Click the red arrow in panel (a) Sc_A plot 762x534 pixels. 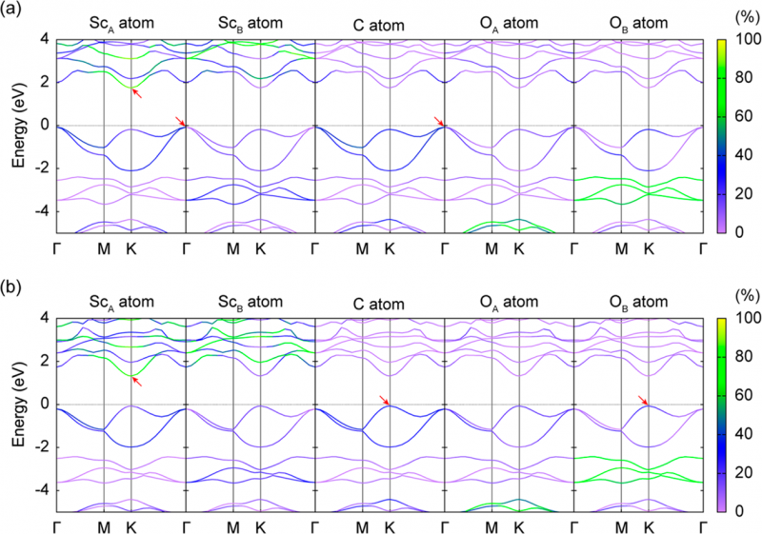138,92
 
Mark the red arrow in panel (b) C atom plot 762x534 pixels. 384,401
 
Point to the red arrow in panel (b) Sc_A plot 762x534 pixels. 138,381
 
